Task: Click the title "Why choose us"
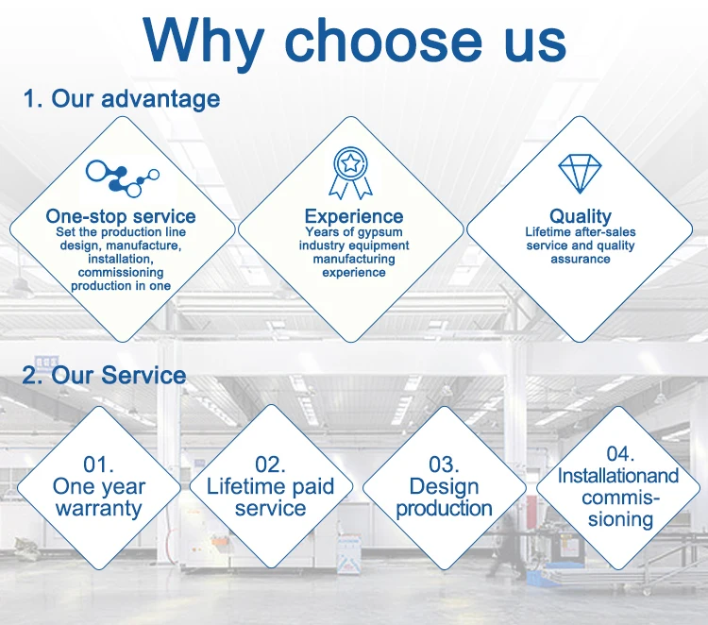click(x=355, y=42)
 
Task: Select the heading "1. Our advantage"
click(x=122, y=98)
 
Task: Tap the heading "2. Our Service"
click(x=104, y=375)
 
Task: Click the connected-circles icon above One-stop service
click(x=123, y=178)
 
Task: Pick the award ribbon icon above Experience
click(x=350, y=173)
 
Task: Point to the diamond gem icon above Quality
click(x=580, y=174)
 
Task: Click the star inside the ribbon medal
click(x=350, y=163)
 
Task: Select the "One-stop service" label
click(x=121, y=216)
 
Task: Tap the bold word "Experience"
click(x=354, y=216)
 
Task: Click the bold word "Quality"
click(x=581, y=216)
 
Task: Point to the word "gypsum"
click(x=379, y=232)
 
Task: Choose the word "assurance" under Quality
click(x=581, y=260)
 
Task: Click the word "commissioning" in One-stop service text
click(x=121, y=273)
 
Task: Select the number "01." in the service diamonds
click(x=98, y=465)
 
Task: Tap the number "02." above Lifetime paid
click(x=270, y=465)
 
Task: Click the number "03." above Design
click(x=444, y=465)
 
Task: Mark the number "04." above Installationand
click(x=620, y=454)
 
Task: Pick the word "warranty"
click(x=98, y=508)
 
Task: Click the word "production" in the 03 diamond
click(x=444, y=509)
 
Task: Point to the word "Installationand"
click(x=618, y=476)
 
